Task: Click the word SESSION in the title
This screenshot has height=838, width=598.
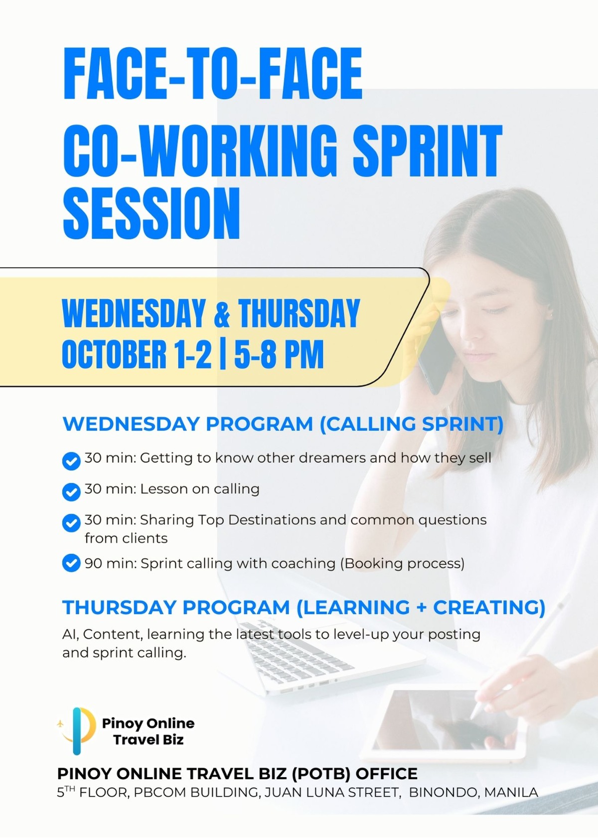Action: [151, 213]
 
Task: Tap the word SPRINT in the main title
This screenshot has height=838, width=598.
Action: [428, 151]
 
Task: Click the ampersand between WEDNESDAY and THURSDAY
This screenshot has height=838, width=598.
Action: [222, 314]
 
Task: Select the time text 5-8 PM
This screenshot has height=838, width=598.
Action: [279, 354]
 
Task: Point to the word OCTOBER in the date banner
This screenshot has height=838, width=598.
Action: [114, 354]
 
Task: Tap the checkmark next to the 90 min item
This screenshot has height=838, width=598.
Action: [71, 563]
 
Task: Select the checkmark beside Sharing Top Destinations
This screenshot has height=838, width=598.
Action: [71, 523]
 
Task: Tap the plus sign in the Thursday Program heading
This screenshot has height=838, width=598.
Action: [421, 608]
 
